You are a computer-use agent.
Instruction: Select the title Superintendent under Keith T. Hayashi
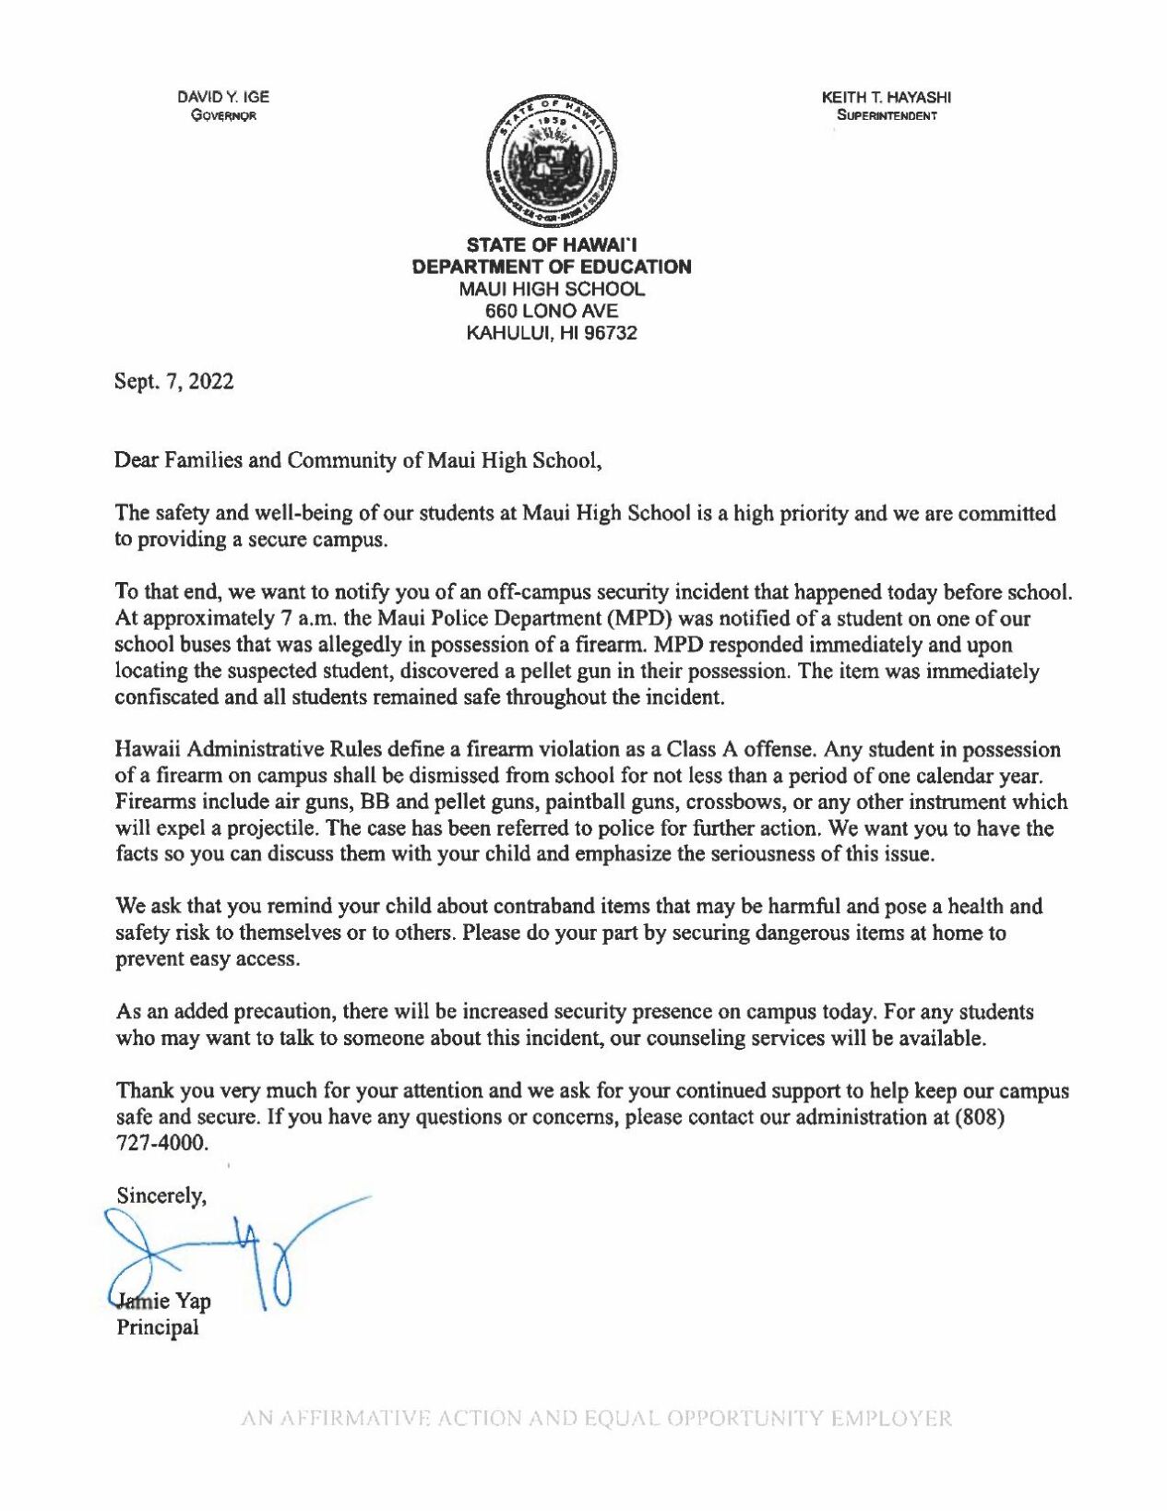(x=887, y=116)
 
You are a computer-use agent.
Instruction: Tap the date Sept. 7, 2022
(x=173, y=382)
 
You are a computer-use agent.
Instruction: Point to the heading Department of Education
(x=552, y=267)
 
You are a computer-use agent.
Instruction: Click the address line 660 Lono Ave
(x=552, y=311)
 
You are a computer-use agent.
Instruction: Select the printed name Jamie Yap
(x=162, y=1302)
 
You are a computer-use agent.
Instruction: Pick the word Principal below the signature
(x=157, y=1327)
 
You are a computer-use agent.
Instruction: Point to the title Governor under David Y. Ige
(x=223, y=116)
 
